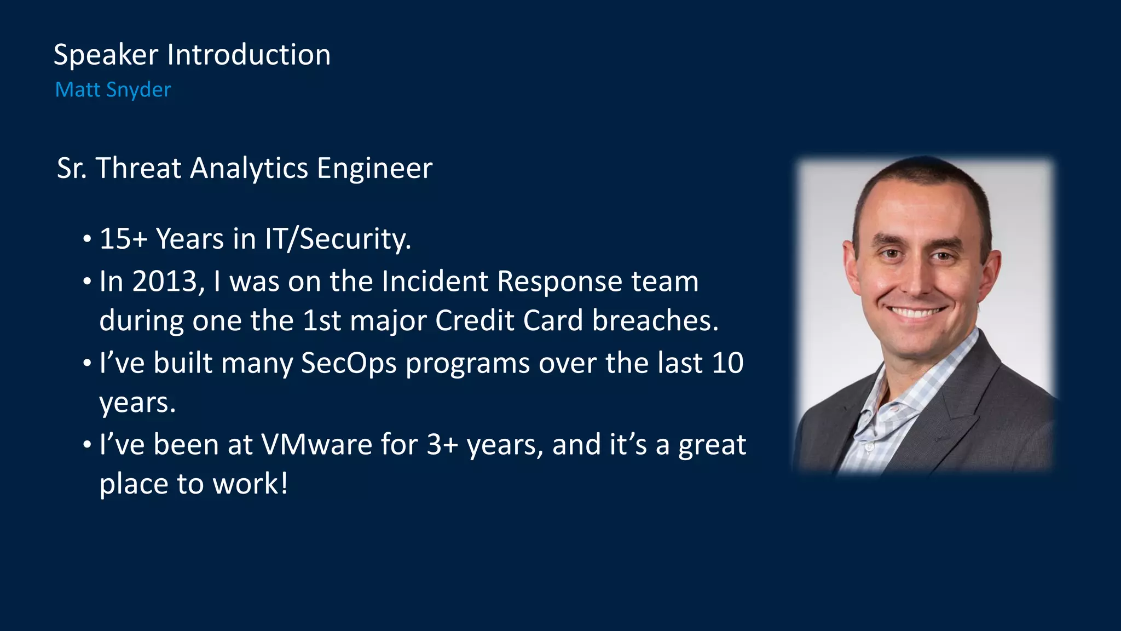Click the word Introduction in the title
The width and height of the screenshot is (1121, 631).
[249, 55]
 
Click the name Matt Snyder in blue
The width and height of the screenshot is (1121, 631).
[113, 90]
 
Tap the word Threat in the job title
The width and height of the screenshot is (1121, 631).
[138, 168]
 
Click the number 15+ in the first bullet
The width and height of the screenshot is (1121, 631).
[123, 239]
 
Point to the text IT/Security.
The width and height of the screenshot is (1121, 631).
[338, 239]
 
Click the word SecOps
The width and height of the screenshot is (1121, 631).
[348, 364]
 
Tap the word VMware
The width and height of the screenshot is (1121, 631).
[317, 444]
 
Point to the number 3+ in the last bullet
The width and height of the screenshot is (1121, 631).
[442, 444]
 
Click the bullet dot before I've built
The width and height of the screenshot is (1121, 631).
[87, 364]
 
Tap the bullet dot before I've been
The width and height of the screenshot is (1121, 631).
[87, 445]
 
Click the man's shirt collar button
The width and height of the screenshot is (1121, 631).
[870, 448]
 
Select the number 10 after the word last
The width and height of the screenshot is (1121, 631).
[727, 363]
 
